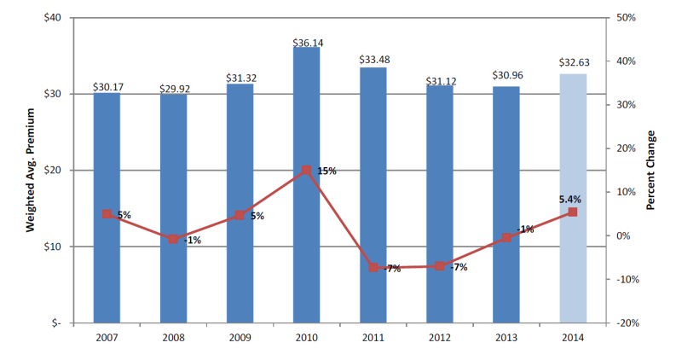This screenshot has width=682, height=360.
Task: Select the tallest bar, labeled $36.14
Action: (x=306, y=184)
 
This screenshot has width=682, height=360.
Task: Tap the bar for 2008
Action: (x=173, y=208)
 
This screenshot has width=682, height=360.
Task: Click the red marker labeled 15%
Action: (x=306, y=171)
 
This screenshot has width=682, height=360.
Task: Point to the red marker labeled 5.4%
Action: (x=572, y=212)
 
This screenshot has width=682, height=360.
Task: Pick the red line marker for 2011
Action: (x=373, y=267)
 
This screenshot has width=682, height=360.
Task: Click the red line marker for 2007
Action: (x=107, y=214)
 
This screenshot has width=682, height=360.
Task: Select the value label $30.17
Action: (x=107, y=86)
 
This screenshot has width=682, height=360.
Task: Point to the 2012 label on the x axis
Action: (x=439, y=336)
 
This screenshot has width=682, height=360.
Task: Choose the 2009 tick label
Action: (x=240, y=336)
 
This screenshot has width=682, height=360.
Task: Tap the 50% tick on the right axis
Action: (x=621, y=18)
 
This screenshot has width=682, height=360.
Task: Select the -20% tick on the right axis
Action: (x=623, y=323)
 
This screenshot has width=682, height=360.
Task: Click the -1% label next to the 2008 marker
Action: (x=192, y=240)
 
